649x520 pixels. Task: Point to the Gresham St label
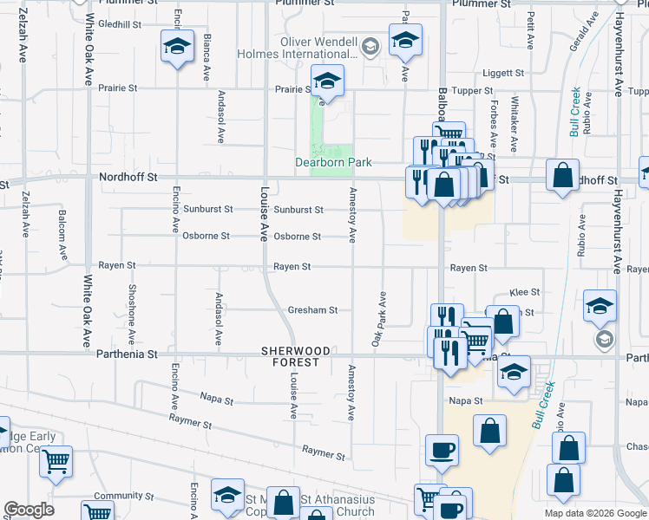(x=307, y=309)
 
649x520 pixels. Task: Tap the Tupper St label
(x=472, y=90)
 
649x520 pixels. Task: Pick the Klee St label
(x=525, y=293)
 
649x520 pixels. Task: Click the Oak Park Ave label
(x=379, y=320)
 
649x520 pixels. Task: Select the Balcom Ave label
(x=62, y=234)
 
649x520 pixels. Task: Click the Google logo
(x=29, y=510)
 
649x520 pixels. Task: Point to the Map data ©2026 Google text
(x=596, y=513)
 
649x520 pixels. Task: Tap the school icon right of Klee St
(x=600, y=307)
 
